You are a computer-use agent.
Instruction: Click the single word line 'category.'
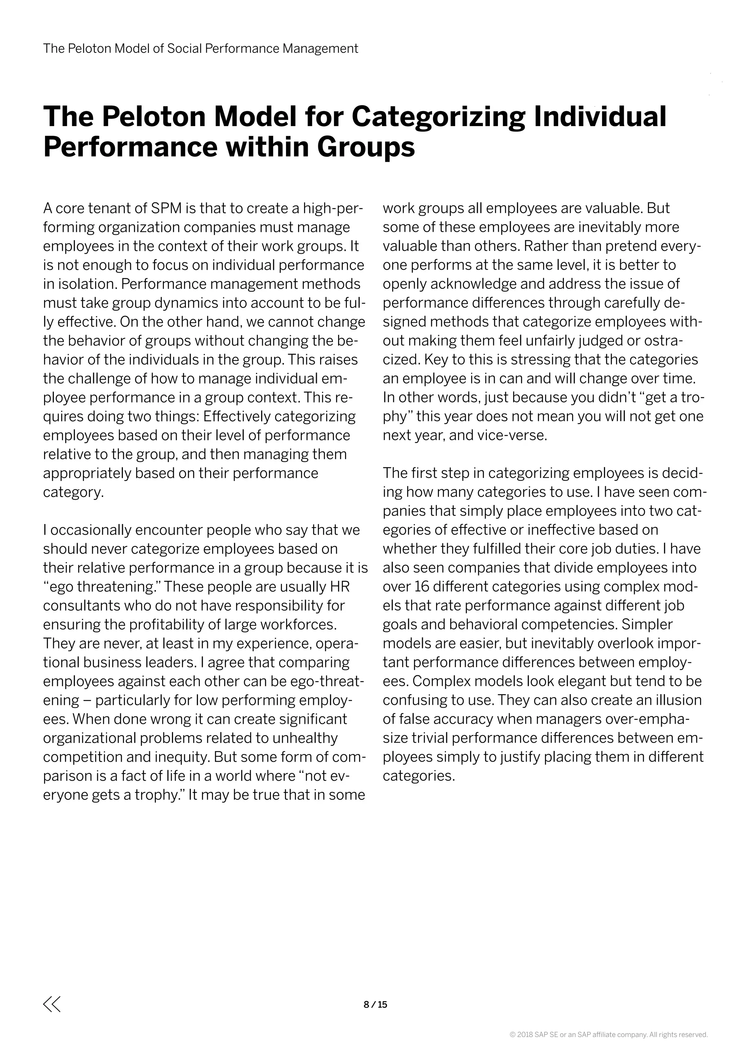74,492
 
